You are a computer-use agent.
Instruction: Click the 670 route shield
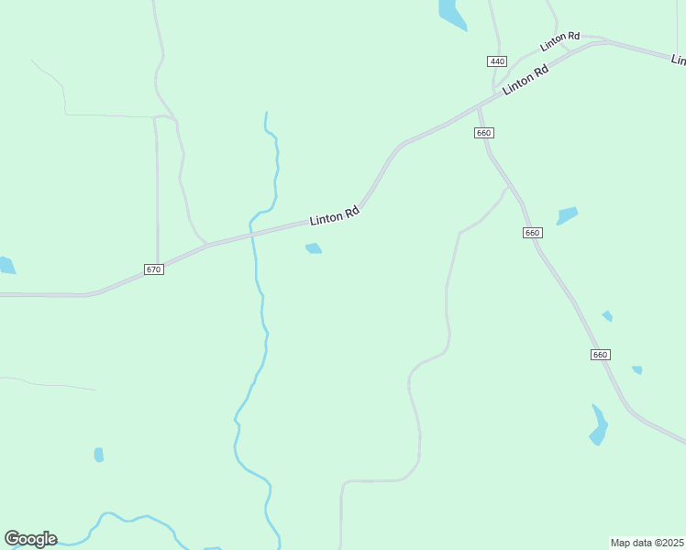153,269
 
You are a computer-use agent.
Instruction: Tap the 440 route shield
497,61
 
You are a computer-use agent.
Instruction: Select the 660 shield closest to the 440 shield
484,133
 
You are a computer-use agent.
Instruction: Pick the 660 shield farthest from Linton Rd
600,355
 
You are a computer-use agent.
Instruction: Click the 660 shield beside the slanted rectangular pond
533,233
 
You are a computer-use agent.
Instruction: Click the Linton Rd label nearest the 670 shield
334,216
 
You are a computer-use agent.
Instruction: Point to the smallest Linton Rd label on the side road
559,41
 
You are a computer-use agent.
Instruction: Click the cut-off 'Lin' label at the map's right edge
679,60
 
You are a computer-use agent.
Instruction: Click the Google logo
30,539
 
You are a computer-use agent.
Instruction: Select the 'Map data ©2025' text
647,543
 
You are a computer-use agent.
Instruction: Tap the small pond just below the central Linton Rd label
314,248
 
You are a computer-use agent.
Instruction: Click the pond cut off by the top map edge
451,14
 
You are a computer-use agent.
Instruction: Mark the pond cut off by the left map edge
6,266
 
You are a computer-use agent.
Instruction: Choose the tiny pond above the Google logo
99,455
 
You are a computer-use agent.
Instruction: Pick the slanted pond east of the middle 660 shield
567,216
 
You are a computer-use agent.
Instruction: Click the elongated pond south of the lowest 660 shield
599,424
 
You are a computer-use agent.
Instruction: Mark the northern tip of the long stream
266,114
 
